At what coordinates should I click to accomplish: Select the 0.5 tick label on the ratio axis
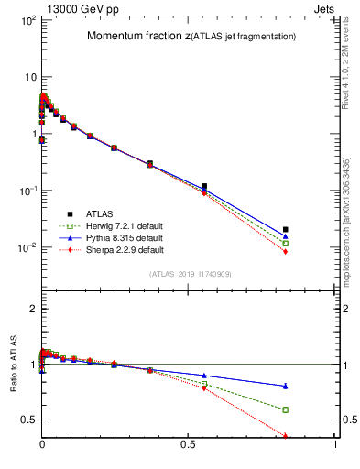tap(27, 420)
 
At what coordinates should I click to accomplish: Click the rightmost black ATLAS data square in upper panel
tap(286, 229)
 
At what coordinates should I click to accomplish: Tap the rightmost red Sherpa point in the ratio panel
tap(286, 436)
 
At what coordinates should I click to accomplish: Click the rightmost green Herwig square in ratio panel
tap(286, 409)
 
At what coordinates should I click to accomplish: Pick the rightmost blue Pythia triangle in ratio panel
tap(286, 386)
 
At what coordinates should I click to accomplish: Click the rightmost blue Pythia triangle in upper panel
tap(286, 236)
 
